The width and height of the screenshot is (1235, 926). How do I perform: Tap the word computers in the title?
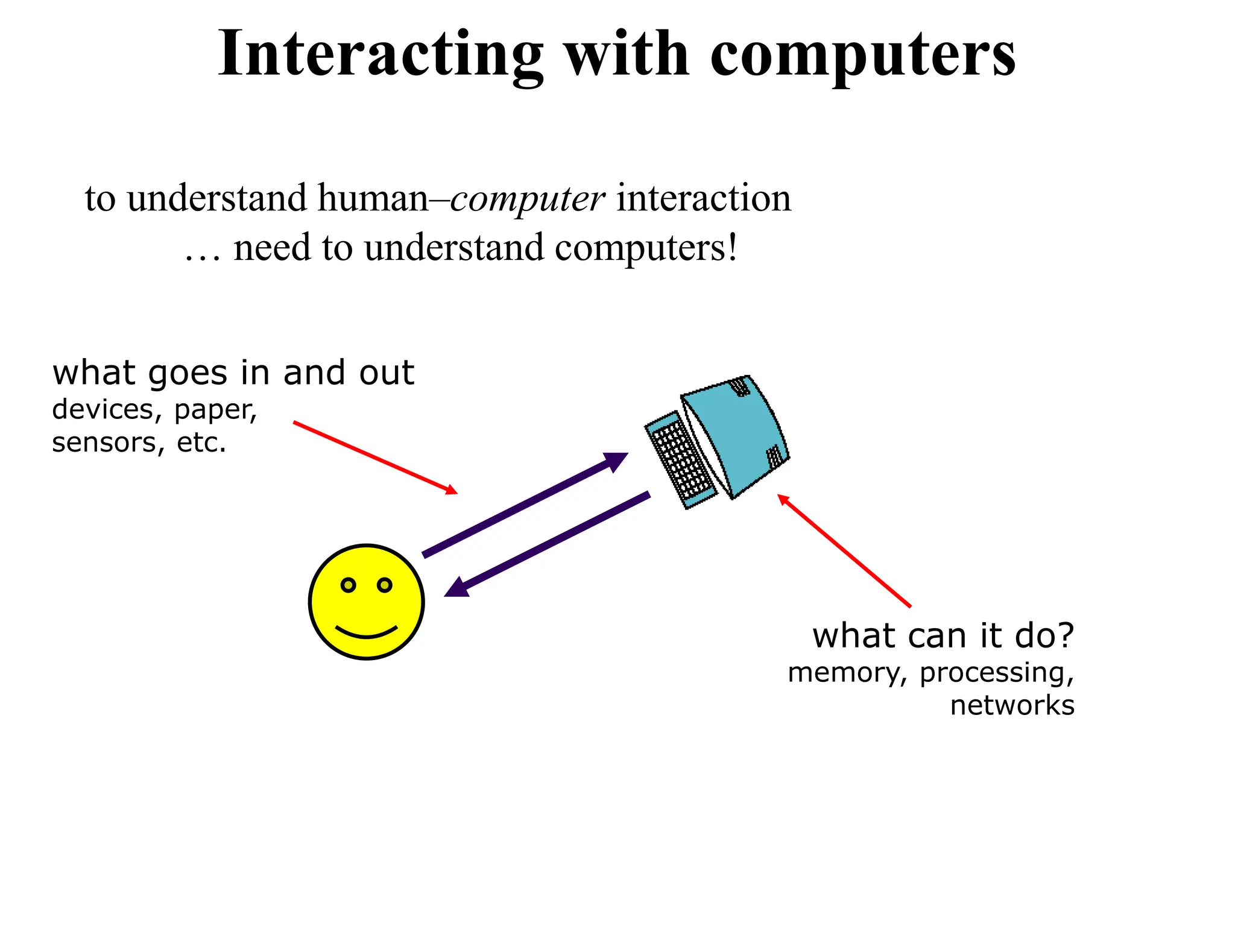tap(863, 55)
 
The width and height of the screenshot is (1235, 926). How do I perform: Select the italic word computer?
tap(527, 200)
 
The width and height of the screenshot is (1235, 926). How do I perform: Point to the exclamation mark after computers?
tap(732, 247)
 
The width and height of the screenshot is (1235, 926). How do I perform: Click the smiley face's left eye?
tap(348, 585)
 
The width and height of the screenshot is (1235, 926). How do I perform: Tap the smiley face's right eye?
tap(385, 585)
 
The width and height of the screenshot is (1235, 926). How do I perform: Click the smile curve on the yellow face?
tap(366, 632)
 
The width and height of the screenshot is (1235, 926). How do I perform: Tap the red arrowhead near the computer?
tap(783, 499)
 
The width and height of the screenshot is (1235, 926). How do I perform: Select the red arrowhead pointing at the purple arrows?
tap(451, 490)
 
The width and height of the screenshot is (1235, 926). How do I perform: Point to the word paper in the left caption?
tap(215, 411)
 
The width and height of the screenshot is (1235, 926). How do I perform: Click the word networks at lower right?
tap(1012, 705)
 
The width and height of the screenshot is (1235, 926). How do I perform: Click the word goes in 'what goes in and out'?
tap(188, 374)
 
